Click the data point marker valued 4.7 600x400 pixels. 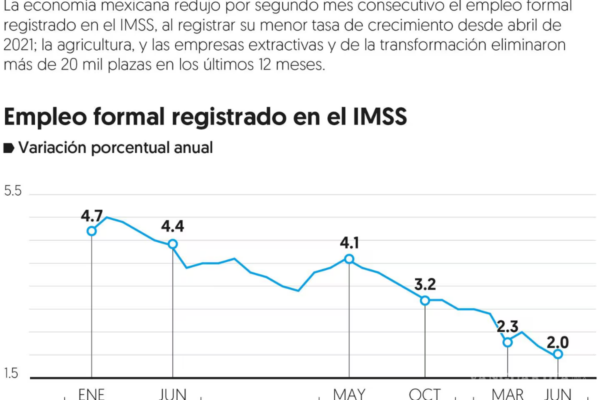[x=91, y=231]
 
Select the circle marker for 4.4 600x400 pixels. [x=172, y=244]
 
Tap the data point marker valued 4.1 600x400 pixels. [x=349, y=259]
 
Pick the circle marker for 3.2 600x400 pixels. [x=425, y=300]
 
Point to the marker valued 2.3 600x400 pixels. [x=507, y=342]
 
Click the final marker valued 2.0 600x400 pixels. [x=558, y=354]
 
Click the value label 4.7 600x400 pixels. [x=91, y=216]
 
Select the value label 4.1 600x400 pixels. [x=349, y=243]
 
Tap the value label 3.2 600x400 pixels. [x=425, y=285]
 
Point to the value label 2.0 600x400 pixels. [x=558, y=342]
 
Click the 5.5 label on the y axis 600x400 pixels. [x=13, y=191]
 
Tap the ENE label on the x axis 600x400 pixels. [x=91, y=394]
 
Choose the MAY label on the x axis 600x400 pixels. [x=349, y=394]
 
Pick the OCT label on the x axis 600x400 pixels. [x=425, y=394]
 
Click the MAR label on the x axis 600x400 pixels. [x=507, y=394]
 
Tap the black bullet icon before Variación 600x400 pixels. [x=8, y=148]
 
